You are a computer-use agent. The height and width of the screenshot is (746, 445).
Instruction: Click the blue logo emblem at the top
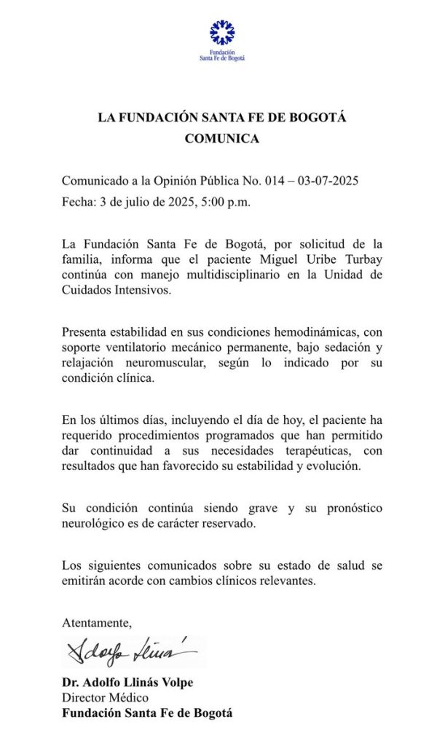(x=221, y=34)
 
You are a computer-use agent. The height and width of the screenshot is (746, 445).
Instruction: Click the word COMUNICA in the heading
(x=221, y=138)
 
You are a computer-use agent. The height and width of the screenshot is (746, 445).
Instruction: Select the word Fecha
(x=76, y=202)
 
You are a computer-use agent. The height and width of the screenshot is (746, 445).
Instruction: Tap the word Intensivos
(x=142, y=290)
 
